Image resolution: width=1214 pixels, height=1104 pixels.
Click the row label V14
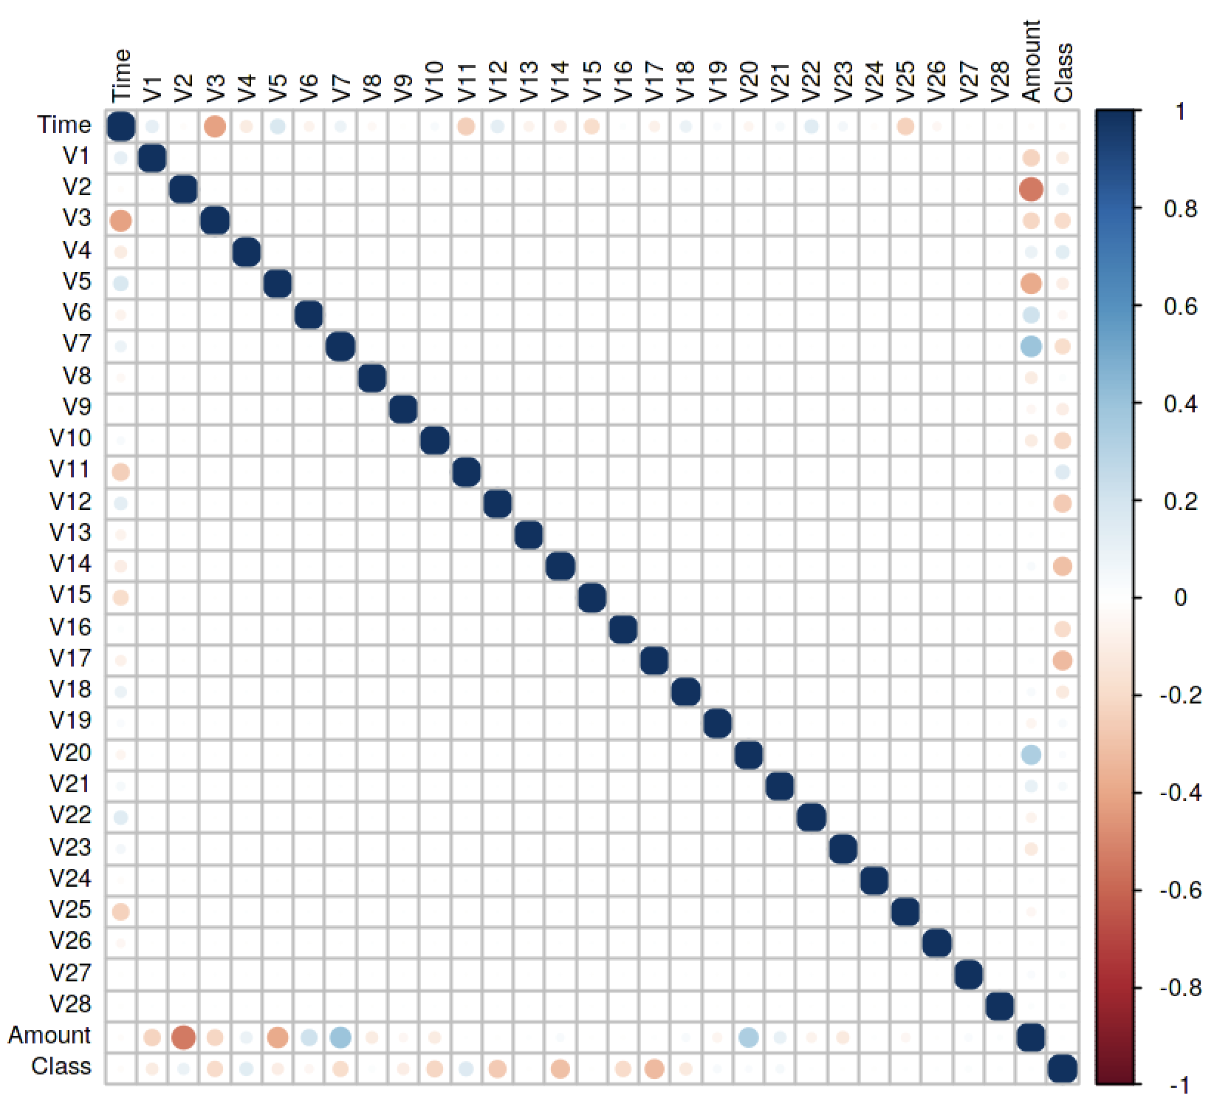[x=70, y=565]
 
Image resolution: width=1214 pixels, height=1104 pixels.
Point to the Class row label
[x=61, y=1066]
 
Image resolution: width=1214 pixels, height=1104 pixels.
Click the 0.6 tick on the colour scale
[x=1180, y=306]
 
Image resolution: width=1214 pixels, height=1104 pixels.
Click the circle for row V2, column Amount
[x=1031, y=190]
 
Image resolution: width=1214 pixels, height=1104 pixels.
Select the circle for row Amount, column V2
[x=183, y=1037]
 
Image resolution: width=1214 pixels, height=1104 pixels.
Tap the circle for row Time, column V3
[x=215, y=127]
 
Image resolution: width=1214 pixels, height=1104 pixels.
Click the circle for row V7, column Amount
[x=1031, y=346]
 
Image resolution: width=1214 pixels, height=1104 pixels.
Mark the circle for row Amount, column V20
[x=748, y=1037]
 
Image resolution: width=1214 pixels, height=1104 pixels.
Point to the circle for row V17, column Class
[x=1062, y=660]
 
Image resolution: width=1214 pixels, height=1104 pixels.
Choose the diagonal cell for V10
[x=434, y=441]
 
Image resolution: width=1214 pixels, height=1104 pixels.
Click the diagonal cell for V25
[x=905, y=912]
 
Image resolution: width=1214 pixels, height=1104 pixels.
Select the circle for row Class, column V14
[x=560, y=1069]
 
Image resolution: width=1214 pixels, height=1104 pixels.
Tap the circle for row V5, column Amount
[x=1031, y=283]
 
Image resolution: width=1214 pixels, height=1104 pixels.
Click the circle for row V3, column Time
[x=121, y=220]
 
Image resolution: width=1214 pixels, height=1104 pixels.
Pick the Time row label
[x=65, y=126]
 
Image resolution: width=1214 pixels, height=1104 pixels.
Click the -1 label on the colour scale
[x=1179, y=1085]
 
